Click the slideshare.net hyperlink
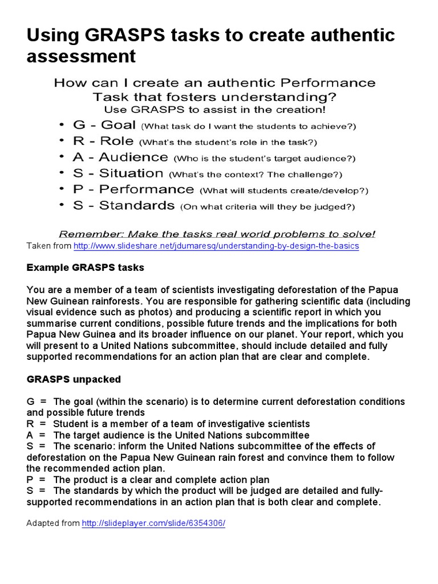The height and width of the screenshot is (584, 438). [216, 246]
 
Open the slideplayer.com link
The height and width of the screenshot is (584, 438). [153, 523]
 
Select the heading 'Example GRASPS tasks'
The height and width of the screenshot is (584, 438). [86, 267]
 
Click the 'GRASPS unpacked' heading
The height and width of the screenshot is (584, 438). [74, 379]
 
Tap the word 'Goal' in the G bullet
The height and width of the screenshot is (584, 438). [118, 125]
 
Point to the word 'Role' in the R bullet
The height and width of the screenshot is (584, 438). [116, 141]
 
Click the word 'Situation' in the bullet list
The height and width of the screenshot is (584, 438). [131, 173]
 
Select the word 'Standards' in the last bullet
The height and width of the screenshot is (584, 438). [137, 205]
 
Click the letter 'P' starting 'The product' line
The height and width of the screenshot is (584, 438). [30, 480]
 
